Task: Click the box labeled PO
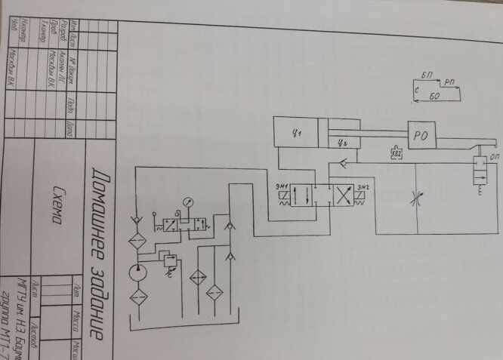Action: (x=421, y=136)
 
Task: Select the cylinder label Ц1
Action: (x=297, y=133)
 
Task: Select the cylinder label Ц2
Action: (x=341, y=140)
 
